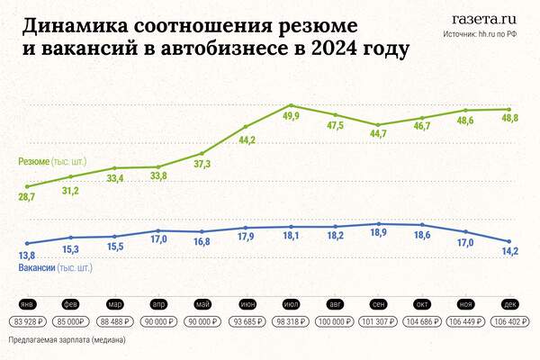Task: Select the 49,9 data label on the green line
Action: pyautogui.click(x=291, y=116)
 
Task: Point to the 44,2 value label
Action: pyautogui.click(x=247, y=139)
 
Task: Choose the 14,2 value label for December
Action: pyautogui.click(x=510, y=252)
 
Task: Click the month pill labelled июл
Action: pyautogui.click(x=291, y=304)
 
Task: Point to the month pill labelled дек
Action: pyautogui.click(x=510, y=304)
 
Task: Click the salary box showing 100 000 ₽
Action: pyautogui.click(x=335, y=320)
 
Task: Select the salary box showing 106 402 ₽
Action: pyautogui.click(x=510, y=320)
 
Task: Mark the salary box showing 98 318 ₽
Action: pyautogui.click(x=291, y=320)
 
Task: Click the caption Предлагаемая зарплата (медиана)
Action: pyautogui.click(x=67, y=341)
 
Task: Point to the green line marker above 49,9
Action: pyautogui.click(x=291, y=105)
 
